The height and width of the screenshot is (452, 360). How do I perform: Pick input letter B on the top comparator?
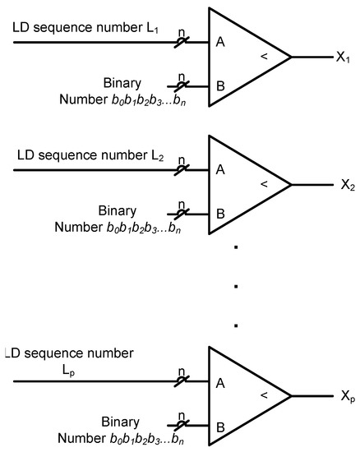[220, 84]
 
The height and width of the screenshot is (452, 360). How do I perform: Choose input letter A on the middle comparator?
[220, 169]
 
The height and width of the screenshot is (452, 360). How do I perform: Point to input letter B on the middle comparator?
[220, 212]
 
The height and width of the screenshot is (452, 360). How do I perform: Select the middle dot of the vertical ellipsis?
[235, 286]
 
